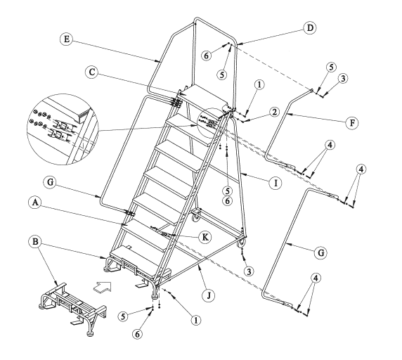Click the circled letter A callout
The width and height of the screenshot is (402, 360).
(35, 202)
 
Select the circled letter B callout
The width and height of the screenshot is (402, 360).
(35, 242)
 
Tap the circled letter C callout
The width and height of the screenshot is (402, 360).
(92, 72)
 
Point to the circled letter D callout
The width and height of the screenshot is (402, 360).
(310, 27)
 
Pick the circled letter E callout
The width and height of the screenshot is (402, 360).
(67, 39)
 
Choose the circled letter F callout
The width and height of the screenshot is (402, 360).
(352, 123)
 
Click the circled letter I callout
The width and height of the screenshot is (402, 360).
(275, 183)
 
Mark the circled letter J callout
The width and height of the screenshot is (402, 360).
(209, 295)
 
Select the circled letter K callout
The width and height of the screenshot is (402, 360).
(205, 237)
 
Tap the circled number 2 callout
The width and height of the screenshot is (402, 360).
(274, 112)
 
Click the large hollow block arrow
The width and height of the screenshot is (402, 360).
(103, 286)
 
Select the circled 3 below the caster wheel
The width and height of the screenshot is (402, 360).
(248, 271)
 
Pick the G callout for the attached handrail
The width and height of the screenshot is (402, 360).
(51, 182)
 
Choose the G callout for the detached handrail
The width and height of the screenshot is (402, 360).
(321, 252)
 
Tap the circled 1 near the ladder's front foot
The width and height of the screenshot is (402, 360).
(195, 320)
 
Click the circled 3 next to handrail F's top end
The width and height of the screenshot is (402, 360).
(343, 79)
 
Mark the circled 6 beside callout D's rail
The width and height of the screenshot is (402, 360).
(207, 56)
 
